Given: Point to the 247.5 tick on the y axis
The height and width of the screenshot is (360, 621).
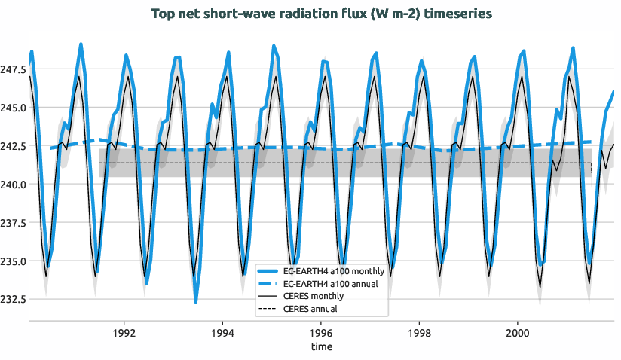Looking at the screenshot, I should (x=14, y=69).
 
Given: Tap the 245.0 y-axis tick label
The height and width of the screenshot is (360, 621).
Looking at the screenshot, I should (x=14, y=108).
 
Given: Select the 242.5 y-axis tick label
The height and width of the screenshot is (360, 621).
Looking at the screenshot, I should (x=14, y=146).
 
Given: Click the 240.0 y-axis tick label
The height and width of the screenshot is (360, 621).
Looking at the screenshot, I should (x=14, y=185).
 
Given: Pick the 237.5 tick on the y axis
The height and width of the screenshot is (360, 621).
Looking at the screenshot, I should (x=14, y=223).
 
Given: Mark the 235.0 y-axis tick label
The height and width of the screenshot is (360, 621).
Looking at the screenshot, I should (x=14, y=261).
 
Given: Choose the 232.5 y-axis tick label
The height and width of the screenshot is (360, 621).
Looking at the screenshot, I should (x=14, y=300).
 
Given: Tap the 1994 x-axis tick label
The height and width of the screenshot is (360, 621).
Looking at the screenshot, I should (x=222, y=331).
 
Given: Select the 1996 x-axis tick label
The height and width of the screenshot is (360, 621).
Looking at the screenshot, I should (x=321, y=331).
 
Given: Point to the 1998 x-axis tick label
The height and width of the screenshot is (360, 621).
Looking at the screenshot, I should (x=419, y=331).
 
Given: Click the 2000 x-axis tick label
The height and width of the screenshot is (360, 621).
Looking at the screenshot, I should (x=518, y=331).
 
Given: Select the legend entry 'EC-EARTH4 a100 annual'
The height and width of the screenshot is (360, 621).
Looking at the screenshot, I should (x=331, y=283).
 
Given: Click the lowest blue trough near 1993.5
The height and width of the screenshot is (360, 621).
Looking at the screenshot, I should (x=196, y=302).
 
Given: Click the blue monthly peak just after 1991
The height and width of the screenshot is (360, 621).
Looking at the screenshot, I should (x=81, y=44).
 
